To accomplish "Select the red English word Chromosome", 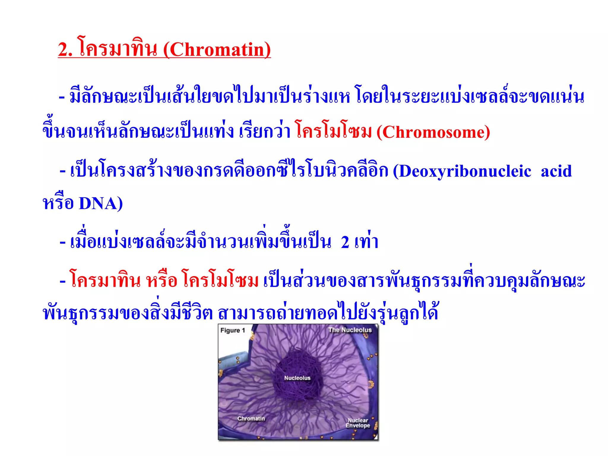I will [x=433, y=132].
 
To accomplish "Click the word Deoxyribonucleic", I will [x=465, y=172].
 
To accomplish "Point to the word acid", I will [x=556, y=172].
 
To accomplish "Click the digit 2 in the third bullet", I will [x=345, y=242].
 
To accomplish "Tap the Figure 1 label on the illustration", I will [x=233, y=330].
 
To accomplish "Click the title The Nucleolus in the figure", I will [x=350, y=330].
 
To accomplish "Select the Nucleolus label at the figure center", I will [x=297, y=378].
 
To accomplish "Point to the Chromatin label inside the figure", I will [x=251, y=419].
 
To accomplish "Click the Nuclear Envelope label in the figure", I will [x=358, y=423].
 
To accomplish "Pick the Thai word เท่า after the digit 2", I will [x=366, y=242].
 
